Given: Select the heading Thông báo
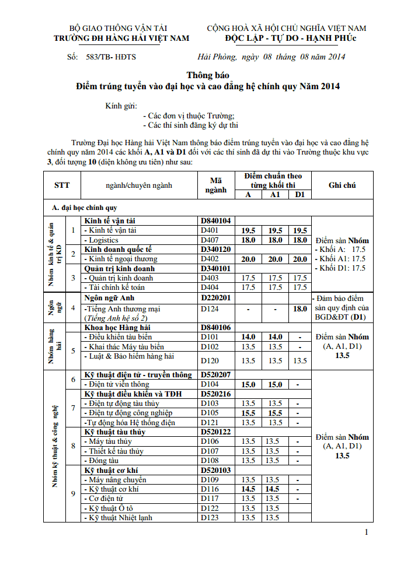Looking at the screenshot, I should click(208, 75).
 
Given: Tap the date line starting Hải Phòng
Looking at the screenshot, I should click(271, 57).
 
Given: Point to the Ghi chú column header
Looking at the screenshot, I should click(342, 185).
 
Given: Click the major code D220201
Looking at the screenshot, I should click(216, 298).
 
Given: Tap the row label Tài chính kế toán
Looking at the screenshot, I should click(115, 287).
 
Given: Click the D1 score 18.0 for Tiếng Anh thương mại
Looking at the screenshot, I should click(300, 308).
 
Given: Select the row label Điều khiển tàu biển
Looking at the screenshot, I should click(119, 337).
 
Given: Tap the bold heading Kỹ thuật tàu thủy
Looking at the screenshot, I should click(115, 432).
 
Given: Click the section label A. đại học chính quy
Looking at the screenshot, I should click(84, 208).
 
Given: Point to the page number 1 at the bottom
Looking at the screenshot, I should click(366, 532).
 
